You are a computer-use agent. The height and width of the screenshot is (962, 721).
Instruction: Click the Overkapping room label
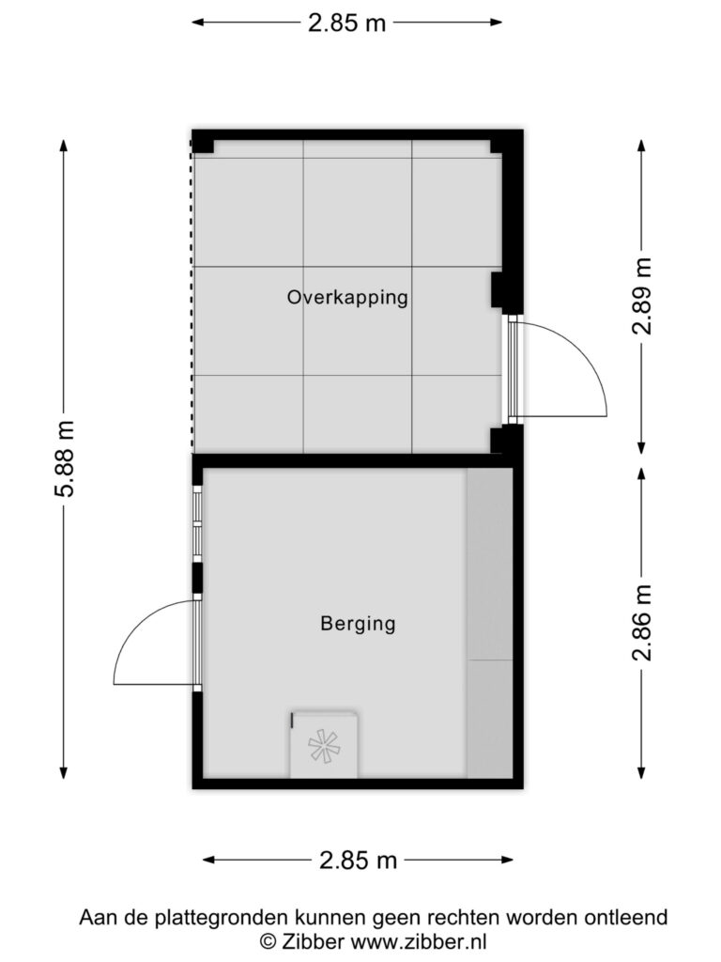tap(347, 298)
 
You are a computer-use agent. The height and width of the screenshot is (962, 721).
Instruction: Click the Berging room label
tap(358, 624)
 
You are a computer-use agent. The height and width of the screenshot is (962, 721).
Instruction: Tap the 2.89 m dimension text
tap(642, 296)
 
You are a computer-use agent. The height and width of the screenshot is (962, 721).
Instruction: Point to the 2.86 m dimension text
tap(642, 622)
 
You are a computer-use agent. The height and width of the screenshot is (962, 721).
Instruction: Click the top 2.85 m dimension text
tap(347, 23)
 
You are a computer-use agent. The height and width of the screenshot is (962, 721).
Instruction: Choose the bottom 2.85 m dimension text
tap(358, 861)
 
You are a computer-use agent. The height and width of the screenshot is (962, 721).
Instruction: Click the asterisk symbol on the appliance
tap(324, 747)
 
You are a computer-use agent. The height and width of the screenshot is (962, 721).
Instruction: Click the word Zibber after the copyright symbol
tap(313, 941)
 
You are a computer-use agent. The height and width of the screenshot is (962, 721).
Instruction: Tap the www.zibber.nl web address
tap(418, 941)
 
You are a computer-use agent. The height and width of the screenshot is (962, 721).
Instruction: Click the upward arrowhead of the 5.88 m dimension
tap(64, 146)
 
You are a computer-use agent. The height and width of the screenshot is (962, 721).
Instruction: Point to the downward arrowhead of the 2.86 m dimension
tap(642, 772)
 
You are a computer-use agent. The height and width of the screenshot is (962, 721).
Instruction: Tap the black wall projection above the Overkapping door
tap(498, 290)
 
